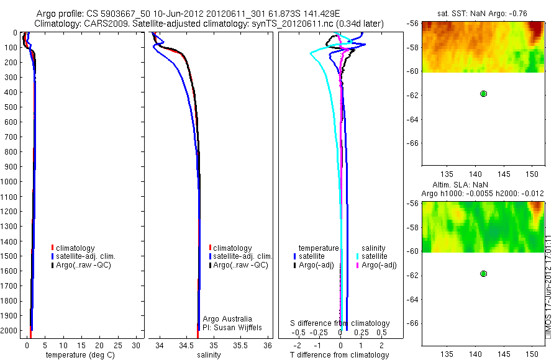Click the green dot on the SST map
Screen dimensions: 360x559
pos(483,94)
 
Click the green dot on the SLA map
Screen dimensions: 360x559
pos(483,274)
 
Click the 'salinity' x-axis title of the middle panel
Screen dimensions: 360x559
pos(209,355)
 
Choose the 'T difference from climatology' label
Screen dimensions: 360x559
pos(340,355)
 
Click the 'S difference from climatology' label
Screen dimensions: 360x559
pos(340,323)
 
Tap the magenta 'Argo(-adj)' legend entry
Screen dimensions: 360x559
pos(379,265)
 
